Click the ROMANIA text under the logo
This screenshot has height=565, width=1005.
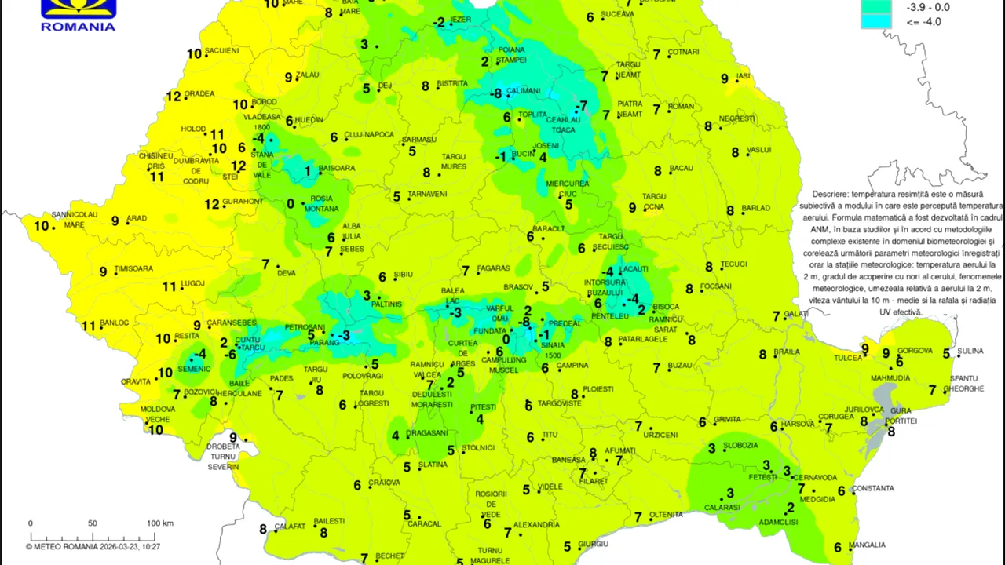coord(78,26)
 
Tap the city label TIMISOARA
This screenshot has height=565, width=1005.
coord(133,268)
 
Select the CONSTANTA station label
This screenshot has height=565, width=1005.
coord(873,488)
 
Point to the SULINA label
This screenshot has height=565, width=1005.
coord(970,352)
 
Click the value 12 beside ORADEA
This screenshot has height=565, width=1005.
coord(174,97)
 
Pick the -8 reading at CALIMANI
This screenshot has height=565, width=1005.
coord(495,94)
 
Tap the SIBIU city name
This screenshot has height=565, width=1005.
coord(403,275)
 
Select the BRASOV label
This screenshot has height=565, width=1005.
coord(518,287)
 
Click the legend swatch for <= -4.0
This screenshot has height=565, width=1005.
coord(875,22)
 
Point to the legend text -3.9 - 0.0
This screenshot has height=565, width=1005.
coord(928,7)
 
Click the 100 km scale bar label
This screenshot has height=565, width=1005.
coord(160,523)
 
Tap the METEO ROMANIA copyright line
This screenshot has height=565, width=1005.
coord(93,547)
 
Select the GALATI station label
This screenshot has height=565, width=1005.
coord(796,314)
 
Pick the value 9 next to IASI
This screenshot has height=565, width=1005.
coord(725,78)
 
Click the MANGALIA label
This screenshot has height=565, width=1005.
coord(867,545)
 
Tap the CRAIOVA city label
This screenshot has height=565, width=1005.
coord(385,483)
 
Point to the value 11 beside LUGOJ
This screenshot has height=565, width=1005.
coord(169,287)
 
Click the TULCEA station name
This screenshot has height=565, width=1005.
coord(848,358)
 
